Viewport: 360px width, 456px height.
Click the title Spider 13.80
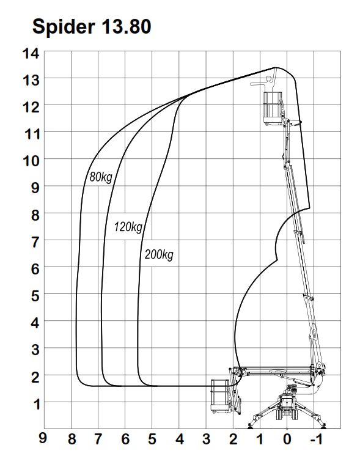pos(92,26)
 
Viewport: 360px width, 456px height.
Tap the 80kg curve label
pos(101,177)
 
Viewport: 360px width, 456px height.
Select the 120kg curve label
pos(128,227)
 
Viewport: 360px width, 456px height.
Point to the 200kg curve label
pos(159,254)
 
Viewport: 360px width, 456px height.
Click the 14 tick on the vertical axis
pos(31,54)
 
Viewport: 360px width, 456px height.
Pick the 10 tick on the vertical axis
pos(31,161)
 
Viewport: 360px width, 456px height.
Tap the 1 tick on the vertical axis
pos(37,404)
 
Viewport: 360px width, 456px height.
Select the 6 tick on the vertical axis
pos(35,269)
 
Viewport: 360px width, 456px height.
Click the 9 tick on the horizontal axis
pos(43,438)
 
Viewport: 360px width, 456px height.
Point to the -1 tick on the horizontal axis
pos(316,439)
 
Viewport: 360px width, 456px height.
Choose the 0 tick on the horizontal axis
pos(287,439)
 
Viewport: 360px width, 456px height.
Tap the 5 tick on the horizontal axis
pos(152,439)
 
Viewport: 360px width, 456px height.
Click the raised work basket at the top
pos(273,108)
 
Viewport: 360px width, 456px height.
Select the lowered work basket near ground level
pos(220,396)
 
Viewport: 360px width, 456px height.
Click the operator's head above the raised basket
pos(269,79)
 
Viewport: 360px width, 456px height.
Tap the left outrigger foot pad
pos(250,427)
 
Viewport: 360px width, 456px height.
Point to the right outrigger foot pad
pos(323,427)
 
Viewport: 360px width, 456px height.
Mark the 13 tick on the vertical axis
pos(31,80)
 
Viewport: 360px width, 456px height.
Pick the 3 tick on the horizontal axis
pos(206,439)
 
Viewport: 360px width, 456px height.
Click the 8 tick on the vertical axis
pos(35,215)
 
